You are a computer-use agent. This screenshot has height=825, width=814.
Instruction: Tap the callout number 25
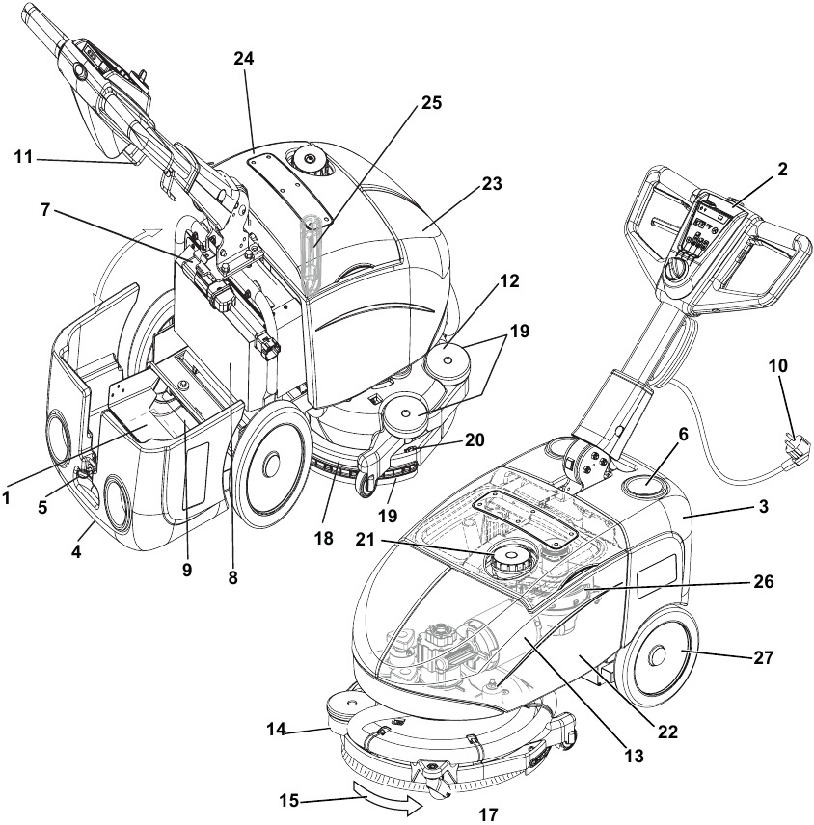(431, 103)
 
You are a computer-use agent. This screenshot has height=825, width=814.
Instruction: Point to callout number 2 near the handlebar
(782, 169)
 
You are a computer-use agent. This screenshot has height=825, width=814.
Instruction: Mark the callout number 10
(777, 367)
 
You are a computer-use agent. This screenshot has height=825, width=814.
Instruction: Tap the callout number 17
(488, 814)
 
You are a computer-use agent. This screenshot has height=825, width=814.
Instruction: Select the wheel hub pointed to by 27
(659, 658)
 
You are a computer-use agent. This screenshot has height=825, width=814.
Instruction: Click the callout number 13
(633, 758)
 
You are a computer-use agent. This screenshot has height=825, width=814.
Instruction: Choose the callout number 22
(665, 732)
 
